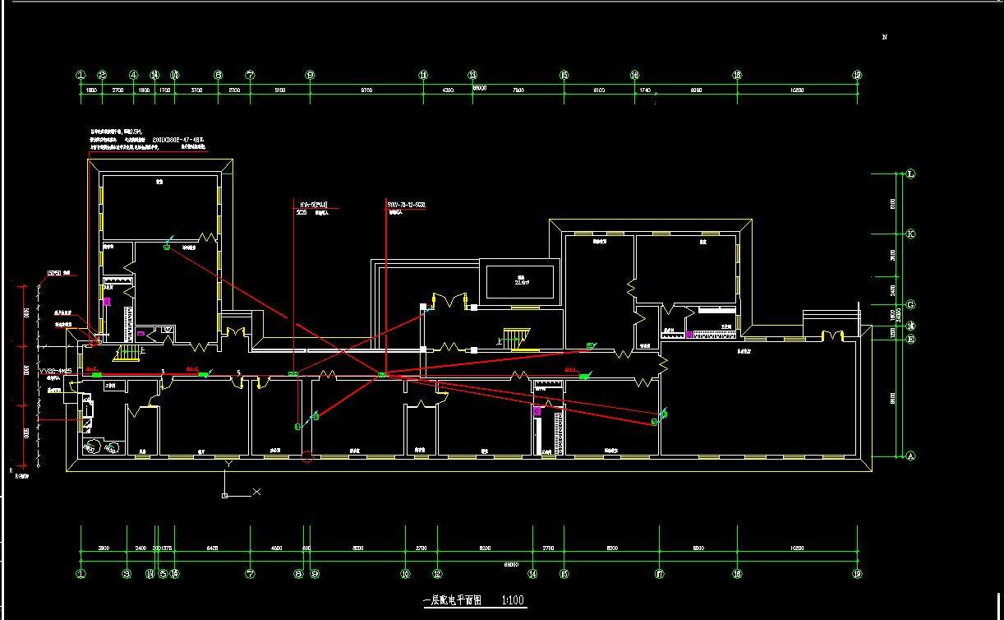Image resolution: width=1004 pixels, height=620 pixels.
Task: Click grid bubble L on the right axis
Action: [910, 174]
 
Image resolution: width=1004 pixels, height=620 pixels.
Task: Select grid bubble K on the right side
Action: [910, 234]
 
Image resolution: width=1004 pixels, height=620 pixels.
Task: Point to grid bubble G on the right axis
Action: [910, 304]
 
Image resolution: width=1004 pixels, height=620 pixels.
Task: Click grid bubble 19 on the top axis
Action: [858, 75]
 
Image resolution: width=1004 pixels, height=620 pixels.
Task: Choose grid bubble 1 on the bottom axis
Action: [81, 574]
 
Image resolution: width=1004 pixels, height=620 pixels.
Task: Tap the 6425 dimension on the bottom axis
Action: [212, 548]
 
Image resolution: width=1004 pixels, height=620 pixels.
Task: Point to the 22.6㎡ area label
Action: [519, 282]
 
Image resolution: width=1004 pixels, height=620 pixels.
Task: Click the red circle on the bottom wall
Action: [307, 457]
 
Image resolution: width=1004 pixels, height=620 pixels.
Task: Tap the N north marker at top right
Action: [885, 37]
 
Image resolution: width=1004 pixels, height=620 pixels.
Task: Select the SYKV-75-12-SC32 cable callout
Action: [406, 204]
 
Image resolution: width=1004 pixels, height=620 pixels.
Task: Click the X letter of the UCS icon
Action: [257, 492]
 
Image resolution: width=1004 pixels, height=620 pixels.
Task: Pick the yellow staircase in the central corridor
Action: [515, 337]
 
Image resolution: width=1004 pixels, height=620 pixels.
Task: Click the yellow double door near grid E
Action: [834, 335]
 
